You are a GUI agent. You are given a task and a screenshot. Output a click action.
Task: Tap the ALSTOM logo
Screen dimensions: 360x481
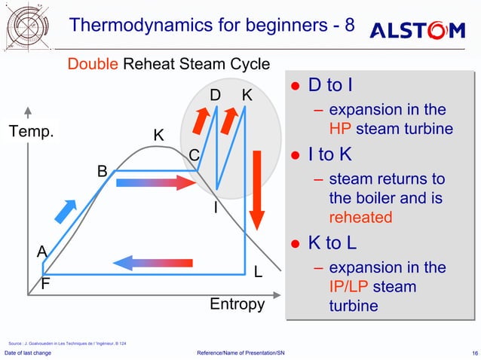point(417,31)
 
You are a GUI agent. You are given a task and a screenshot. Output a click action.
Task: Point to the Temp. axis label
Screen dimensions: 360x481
point(32,133)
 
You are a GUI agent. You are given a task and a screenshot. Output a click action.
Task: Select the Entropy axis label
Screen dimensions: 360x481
point(237,304)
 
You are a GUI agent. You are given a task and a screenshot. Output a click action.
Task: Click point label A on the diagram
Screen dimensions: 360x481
point(42,251)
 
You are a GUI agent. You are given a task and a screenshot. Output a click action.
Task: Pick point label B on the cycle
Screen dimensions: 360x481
point(103,172)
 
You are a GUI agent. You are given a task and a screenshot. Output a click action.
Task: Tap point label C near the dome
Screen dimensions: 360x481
point(193,155)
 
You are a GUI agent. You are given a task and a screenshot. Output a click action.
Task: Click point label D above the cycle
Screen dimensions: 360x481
point(215,96)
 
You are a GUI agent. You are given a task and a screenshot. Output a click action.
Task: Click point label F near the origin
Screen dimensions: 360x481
point(46,285)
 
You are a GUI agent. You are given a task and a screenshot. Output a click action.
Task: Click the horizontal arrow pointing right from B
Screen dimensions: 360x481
point(156,182)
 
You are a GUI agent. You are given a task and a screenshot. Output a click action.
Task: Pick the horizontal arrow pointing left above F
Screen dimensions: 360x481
point(152,262)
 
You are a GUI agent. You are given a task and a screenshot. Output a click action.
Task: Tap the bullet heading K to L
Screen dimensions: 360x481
point(332,243)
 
